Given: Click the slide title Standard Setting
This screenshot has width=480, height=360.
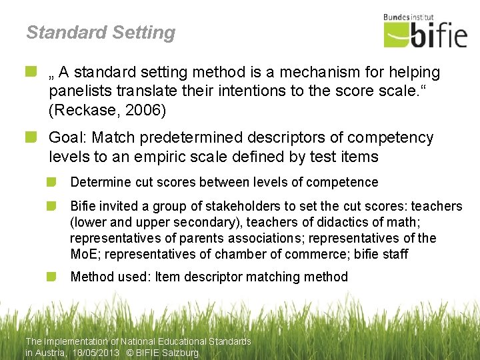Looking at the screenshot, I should pos(101,33).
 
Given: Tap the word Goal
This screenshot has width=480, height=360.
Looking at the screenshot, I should pos(67,138).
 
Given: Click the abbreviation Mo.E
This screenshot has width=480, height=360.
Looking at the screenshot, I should pos(85,254).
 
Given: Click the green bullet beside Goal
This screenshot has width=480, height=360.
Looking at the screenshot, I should pos(31,137).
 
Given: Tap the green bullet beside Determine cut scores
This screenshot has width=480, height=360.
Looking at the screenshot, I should pos(53,182).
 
